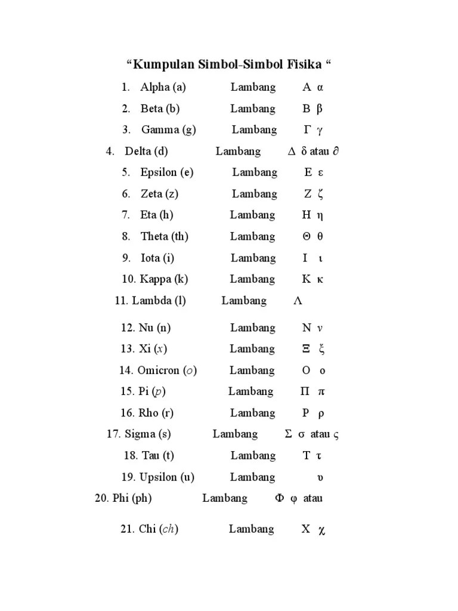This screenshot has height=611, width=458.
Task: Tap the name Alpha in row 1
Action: pos(154,87)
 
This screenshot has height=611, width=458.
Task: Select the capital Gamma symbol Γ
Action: pos(307,129)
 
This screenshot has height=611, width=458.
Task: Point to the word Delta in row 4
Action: pos(138,151)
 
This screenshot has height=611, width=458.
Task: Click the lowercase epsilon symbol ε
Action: pos(320,172)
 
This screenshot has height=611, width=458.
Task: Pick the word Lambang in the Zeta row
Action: pos(255,193)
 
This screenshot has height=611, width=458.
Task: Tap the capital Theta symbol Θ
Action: pos(307,236)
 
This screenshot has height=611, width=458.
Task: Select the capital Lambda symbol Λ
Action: pos(298,301)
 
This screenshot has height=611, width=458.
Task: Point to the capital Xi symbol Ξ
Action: pos(307,348)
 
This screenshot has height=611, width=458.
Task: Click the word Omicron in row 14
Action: pos(158,370)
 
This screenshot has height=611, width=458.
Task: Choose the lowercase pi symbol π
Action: pos(321,391)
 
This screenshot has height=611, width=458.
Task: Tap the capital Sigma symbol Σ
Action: pos(289,434)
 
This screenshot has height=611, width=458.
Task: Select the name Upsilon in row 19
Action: pos(158,477)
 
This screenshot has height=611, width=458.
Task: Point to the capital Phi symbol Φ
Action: pos(280,498)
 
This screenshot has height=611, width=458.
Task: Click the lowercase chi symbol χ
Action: pos(322,530)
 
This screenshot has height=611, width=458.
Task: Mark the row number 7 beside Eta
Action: pos(126,215)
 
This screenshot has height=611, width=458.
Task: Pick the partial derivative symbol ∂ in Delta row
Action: pos(336,151)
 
